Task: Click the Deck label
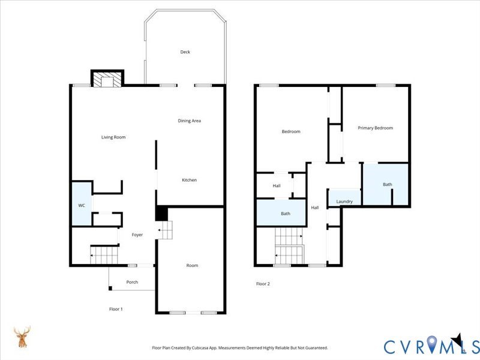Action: [185, 52]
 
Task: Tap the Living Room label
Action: [113, 137]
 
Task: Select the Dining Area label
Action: [189, 121]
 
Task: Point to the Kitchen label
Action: [189, 180]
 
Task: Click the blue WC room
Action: [81, 205]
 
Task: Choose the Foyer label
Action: [137, 235]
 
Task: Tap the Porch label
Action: [132, 282]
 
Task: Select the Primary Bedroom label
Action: [375, 128]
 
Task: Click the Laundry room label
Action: [344, 202]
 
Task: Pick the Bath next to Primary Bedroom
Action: [387, 184]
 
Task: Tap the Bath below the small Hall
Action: [286, 214]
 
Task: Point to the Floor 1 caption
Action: [116, 309]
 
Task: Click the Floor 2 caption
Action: [263, 284]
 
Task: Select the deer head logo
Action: [23, 337]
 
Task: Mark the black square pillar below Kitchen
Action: [161, 214]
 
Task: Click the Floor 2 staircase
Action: [289, 246]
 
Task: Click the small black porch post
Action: [110, 289]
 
